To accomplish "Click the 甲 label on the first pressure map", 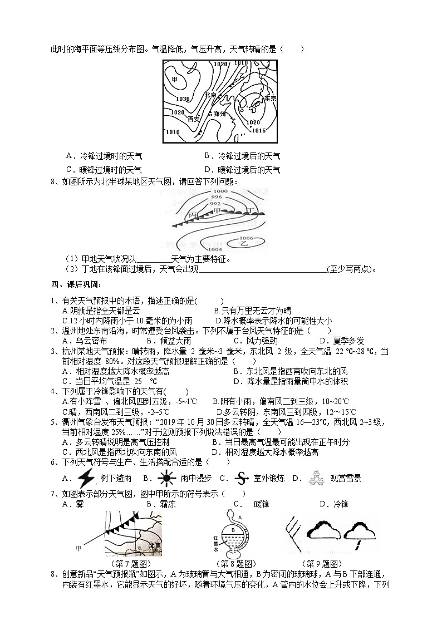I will (x=175, y=80).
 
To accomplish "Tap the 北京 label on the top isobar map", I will (x=210, y=95).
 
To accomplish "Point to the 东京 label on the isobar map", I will (x=270, y=98).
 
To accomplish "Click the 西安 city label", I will (x=194, y=119).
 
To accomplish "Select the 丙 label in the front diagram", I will (x=193, y=214).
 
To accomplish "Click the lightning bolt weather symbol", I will (x=85, y=478).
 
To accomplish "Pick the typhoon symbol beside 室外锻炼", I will (x=240, y=478).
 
